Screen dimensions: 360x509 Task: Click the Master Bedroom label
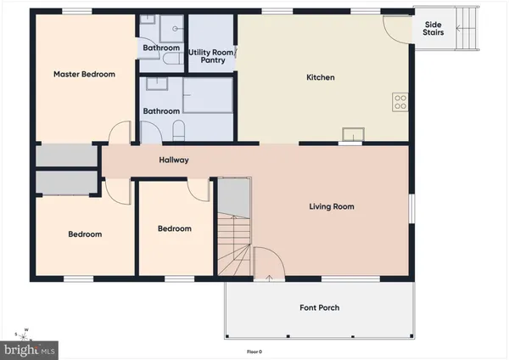click(84, 75)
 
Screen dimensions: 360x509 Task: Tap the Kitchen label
click(321, 78)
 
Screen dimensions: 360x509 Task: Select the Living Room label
click(331, 206)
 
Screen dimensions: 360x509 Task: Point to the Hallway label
click(174, 160)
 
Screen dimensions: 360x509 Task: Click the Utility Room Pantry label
click(211, 56)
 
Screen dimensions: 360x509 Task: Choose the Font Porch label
click(320, 307)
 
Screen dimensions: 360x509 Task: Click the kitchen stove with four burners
click(400, 103)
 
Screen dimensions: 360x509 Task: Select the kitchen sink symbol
click(351, 132)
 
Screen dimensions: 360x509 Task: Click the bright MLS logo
click(31, 349)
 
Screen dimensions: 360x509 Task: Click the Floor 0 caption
click(255, 352)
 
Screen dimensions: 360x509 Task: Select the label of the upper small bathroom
click(161, 48)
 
